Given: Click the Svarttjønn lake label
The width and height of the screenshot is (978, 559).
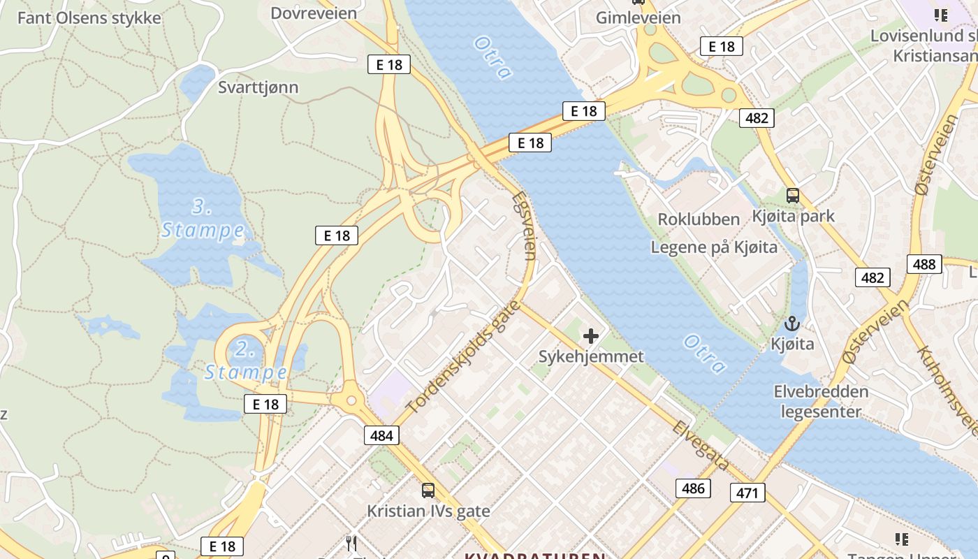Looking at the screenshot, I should (258, 87).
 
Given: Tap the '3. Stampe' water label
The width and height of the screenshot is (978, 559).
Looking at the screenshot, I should (203, 218).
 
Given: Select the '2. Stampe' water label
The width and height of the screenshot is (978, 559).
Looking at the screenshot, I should (245, 360).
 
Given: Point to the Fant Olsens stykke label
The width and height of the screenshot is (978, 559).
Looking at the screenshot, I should (89, 17).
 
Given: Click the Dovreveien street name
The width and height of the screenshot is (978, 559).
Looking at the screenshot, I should (314, 13).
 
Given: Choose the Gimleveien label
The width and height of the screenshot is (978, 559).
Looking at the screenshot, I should (638, 17).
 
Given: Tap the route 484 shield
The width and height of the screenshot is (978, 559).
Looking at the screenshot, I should (381, 435).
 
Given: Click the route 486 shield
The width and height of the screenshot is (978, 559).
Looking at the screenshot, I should (693, 488).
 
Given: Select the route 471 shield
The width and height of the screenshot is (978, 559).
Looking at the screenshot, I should (747, 493).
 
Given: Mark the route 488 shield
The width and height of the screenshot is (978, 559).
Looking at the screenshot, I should (924, 264).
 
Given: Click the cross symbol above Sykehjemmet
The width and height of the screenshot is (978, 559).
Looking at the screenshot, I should (591, 336).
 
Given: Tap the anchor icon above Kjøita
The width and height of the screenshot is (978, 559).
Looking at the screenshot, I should (791, 324).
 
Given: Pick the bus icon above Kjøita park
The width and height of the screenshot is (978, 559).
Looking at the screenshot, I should (793, 196).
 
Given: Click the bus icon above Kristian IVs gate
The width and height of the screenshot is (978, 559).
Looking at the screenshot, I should (428, 491).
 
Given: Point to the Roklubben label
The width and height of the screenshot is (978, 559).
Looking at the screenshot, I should (699, 219).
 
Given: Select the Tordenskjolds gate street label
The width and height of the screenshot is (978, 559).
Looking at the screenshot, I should (463, 356).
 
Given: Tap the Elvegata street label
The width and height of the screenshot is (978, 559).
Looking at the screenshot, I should (701, 445).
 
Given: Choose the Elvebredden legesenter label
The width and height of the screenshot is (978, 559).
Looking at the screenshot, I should (821, 401).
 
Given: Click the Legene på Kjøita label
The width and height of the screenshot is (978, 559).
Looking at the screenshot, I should (714, 247).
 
